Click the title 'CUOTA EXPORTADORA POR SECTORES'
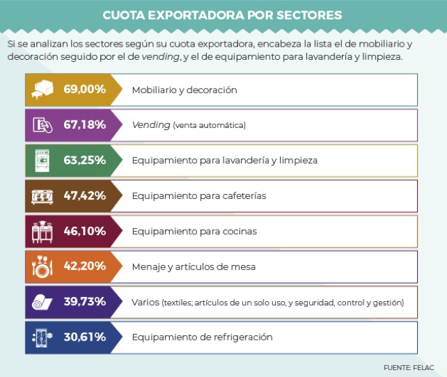point(222,15)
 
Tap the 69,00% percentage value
point(85,90)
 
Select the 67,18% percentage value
point(85,125)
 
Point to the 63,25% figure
point(85,160)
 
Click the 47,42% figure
point(85,195)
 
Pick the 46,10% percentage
point(85,231)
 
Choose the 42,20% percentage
point(85,266)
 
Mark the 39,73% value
point(85,302)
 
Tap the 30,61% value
point(85,337)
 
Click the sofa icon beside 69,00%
point(42,90)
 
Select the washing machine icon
point(42,161)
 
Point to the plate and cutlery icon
point(42,266)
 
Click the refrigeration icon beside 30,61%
point(42,337)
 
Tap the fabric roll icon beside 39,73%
point(42,302)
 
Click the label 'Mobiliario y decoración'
point(185,90)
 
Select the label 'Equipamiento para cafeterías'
point(198,195)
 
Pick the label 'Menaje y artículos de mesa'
point(194,266)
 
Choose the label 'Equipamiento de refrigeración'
point(202,337)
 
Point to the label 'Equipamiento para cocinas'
point(194,231)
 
